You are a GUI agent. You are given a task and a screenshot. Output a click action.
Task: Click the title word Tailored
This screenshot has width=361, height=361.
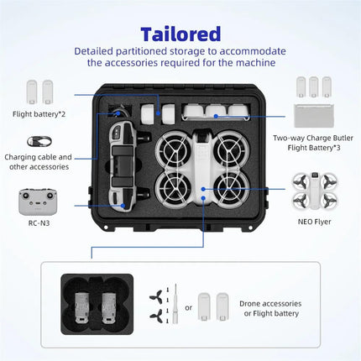tap(180, 34)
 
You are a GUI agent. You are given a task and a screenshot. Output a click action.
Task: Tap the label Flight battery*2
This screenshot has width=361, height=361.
tap(40, 113)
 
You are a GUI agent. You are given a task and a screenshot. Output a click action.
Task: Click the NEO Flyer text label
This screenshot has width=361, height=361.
tap(316, 221)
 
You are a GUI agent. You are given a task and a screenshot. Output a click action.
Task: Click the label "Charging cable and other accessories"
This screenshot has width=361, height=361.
tap(39, 161)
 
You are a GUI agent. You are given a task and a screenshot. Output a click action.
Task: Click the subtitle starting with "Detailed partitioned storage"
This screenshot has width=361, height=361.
tap(180, 57)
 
